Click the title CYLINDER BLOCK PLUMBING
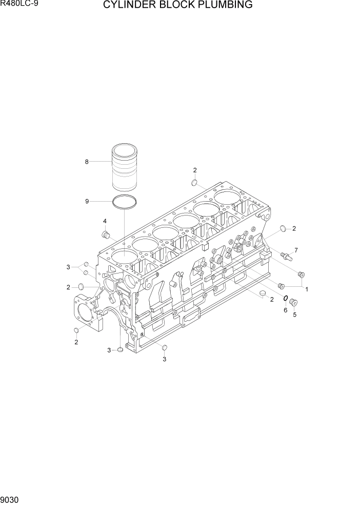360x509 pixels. [x=178, y=5]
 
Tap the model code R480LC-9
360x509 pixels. [x=15, y=4]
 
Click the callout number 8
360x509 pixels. [x=87, y=162]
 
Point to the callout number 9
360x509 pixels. [x=87, y=201]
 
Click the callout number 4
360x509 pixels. [x=105, y=221]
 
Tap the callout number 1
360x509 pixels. [x=307, y=289]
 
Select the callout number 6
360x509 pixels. [x=286, y=310]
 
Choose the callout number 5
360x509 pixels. [x=294, y=314]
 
